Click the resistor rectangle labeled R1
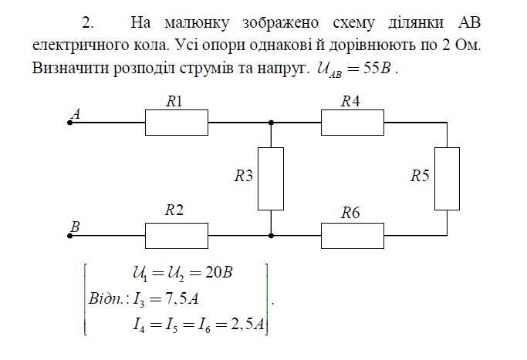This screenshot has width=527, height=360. (x=177, y=123)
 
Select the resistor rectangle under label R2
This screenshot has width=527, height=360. (x=177, y=235)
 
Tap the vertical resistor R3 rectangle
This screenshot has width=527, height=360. (x=271, y=178)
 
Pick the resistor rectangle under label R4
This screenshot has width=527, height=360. (x=352, y=123)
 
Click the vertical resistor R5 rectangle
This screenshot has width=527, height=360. (x=447, y=178)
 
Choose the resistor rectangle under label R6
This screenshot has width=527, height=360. (x=352, y=235)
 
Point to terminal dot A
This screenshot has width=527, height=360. (x=70, y=123)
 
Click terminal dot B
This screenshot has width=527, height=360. (x=70, y=235)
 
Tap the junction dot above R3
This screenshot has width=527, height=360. (x=271, y=123)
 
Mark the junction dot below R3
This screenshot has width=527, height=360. (x=271, y=235)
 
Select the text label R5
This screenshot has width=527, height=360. (x=419, y=176)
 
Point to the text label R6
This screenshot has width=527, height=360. (x=351, y=213)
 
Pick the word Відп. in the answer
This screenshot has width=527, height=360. (x=108, y=298)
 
